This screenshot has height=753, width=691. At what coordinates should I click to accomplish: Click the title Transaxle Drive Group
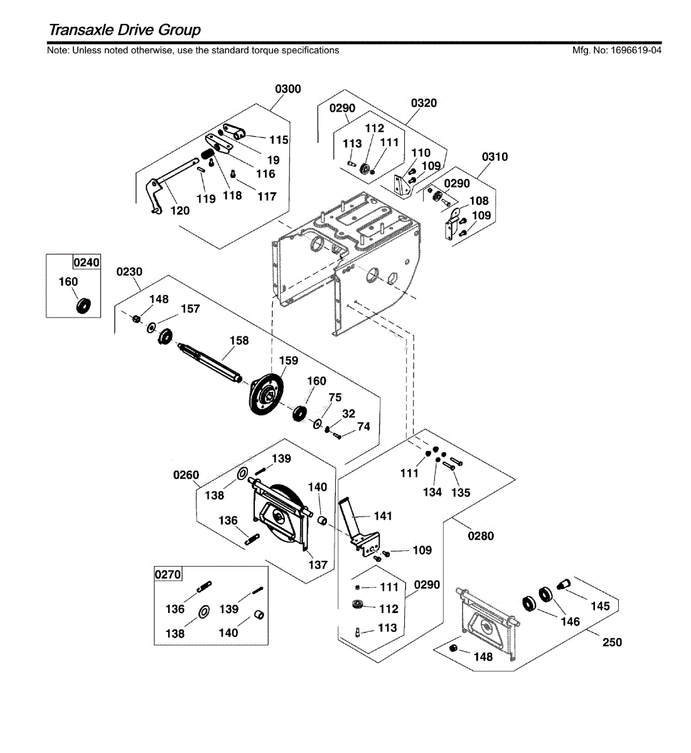(125, 29)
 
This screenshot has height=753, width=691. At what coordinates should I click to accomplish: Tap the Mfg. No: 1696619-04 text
(617, 50)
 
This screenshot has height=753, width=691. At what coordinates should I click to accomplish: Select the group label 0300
(288, 89)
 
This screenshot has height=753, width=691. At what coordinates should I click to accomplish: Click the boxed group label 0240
(87, 262)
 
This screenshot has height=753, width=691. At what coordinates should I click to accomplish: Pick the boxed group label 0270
(168, 574)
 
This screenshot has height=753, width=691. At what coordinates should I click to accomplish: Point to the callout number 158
(239, 341)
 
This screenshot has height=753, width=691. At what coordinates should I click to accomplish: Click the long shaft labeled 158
(210, 363)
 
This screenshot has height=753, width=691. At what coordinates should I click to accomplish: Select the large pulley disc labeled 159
(266, 394)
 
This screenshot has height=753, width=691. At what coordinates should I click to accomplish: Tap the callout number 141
(383, 516)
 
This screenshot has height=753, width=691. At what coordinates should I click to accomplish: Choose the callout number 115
(279, 140)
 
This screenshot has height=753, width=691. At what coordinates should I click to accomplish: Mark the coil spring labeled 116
(207, 154)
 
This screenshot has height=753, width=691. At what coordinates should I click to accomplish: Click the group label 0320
(424, 103)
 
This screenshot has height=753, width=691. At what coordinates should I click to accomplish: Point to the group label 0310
(495, 156)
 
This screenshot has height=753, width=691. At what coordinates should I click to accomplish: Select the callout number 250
(612, 643)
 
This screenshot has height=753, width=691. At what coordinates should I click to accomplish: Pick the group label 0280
(481, 536)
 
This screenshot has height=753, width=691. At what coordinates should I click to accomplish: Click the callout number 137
(318, 565)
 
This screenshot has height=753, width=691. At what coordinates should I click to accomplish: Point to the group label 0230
(129, 272)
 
